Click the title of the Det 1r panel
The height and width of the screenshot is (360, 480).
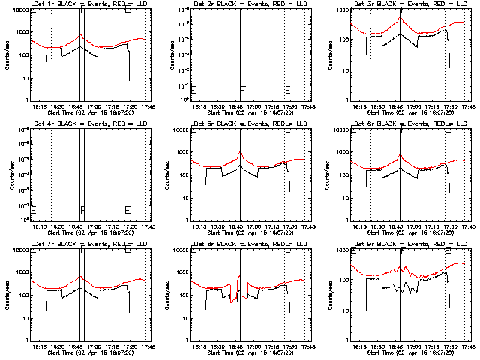tap(82, 4)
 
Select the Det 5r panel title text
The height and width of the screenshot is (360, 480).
tap(242, 124)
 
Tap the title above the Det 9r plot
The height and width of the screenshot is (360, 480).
tap(402, 244)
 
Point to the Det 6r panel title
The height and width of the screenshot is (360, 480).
tap(402, 124)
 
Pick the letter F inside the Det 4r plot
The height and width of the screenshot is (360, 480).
tap(82, 210)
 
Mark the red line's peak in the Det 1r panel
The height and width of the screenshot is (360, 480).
tap(80, 34)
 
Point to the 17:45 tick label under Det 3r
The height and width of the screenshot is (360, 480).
tap(466, 106)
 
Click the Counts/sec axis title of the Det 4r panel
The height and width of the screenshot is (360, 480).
tap(7, 175)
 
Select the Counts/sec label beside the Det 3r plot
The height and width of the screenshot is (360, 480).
tap(326, 55)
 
